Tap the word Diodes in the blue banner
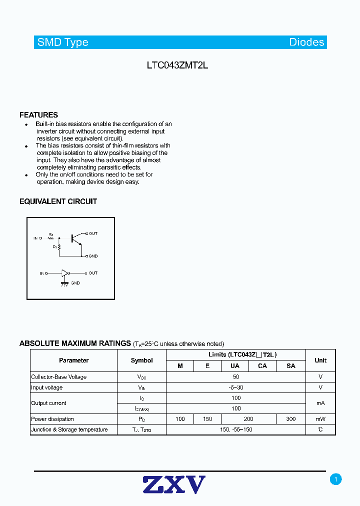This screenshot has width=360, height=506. coord(306,42)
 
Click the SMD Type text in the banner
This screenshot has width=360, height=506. coord(63,42)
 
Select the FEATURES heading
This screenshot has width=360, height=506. coord(38,115)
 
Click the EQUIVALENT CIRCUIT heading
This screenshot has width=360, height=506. coord(58,201)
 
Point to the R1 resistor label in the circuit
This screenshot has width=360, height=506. coord(50,234)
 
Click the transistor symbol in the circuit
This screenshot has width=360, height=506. coord(74,238)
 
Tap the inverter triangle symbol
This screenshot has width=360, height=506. coord(64,273)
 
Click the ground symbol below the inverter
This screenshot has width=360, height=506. coord(64,283)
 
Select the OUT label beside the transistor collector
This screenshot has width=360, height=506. coord(93,233)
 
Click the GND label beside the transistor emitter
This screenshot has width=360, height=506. coord(93,256)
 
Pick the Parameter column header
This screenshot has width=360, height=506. coord(73,360)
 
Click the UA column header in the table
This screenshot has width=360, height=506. coord(234,366)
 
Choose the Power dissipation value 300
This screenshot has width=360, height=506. coord(291,419)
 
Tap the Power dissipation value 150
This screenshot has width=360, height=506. coord(207,419)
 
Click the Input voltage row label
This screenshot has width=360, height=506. coord(47,387)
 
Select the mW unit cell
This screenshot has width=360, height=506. coord(320,419)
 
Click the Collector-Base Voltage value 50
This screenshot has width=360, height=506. coord(236,377)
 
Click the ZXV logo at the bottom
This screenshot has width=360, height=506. coord(174,485)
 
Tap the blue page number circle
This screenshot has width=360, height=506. coord(336,479)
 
